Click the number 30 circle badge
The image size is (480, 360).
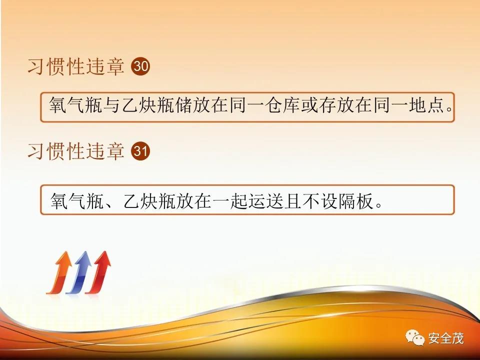140,66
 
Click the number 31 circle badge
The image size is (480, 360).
140,151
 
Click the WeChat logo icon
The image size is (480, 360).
415,337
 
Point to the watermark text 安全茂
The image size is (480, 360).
446,338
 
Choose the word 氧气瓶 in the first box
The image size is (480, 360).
76,105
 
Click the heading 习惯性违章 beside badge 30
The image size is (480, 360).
76,66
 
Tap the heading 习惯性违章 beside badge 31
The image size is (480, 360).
76,151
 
